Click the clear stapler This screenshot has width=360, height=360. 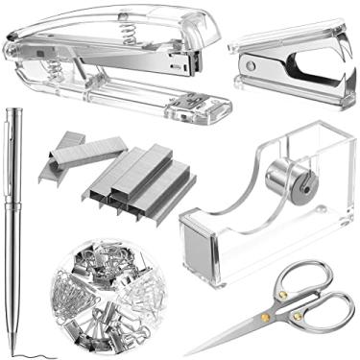click(115, 58)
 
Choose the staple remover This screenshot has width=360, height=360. click(288, 62)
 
